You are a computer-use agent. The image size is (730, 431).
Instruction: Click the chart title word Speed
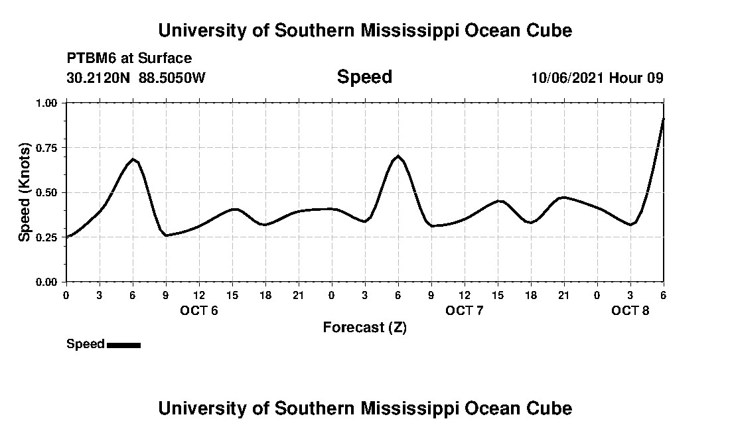point(364,77)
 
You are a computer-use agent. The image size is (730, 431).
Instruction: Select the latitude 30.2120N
point(99,78)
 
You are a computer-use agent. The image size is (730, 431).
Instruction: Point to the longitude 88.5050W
point(173,78)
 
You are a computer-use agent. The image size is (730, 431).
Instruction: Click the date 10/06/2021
point(567,78)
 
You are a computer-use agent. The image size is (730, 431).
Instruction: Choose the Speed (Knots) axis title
point(25,192)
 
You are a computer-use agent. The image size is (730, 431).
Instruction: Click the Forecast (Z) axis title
point(364,328)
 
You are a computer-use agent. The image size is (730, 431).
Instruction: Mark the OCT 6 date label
point(199,310)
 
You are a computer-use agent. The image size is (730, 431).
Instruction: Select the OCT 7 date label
point(465,310)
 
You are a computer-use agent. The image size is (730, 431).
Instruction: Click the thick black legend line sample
point(123,345)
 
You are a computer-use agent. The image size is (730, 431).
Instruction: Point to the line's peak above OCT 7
point(398,156)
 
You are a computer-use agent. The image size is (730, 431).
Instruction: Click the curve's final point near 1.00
point(663,119)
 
